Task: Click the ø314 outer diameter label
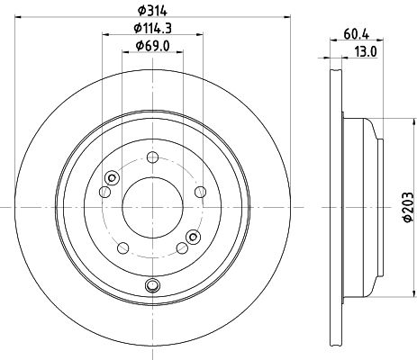click(x=152, y=11)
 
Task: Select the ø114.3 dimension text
click(x=152, y=28)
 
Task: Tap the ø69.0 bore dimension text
click(x=152, y=46)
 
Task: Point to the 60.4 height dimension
click(x=356, y=34)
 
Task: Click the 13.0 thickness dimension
click(x=366, y=52)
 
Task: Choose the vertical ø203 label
click(x=408, y=207)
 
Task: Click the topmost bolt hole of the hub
click(x=152, y=157)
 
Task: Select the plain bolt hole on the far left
click(x=104, y=192)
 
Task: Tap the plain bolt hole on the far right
click(x=200, y=192)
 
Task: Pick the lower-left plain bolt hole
click(x=122, y=247)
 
